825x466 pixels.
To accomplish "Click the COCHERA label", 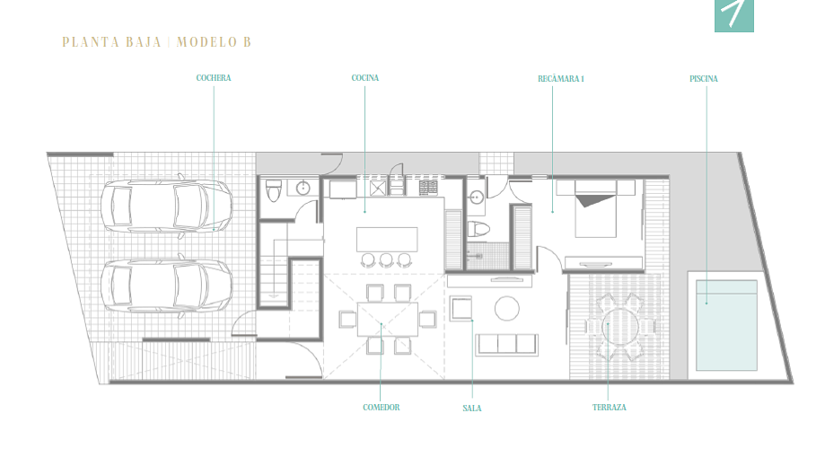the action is pyautogui.click(x=213, y=78).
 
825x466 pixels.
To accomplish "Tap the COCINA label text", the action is pyautogui.click(x=364, y=78).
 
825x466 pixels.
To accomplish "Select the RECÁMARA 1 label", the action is pyautogui.click(x=560, y=78).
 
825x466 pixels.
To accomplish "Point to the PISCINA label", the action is pyautogui.click(x=704, y=78).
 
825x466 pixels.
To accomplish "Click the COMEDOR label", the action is pyautogui.click(x=381, y=407).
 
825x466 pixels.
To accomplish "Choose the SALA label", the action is pyautogui.click(x=472, y=408).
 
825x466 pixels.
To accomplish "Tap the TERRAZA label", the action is pyautogui.click(x=609, y=407).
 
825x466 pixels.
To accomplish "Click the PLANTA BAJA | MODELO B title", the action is pyautogui.click(x=156, y=42).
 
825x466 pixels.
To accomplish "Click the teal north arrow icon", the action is pyautogui.click(x=734, y=15).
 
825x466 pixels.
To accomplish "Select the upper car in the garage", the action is pyautogui.click(x=166, y=207).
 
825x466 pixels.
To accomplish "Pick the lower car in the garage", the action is pyautogui.click(x=166, y=286).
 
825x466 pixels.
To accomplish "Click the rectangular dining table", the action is pyautogui.click(x=387, y=319).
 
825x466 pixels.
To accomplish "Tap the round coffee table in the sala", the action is pyautogui.click(x=506, y=308).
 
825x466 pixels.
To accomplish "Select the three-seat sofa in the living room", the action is pyautogui.click(x=506, y=345).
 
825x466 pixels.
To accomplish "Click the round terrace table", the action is pyautogui.click(x=620, y=327).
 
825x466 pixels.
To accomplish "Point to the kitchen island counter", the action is pyautogui.click(x=387, y=240).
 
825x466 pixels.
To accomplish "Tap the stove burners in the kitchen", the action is pyautogui.click(x=427, y=188).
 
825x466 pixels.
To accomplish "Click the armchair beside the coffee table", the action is pyautogui.click(x=461, y=308).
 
